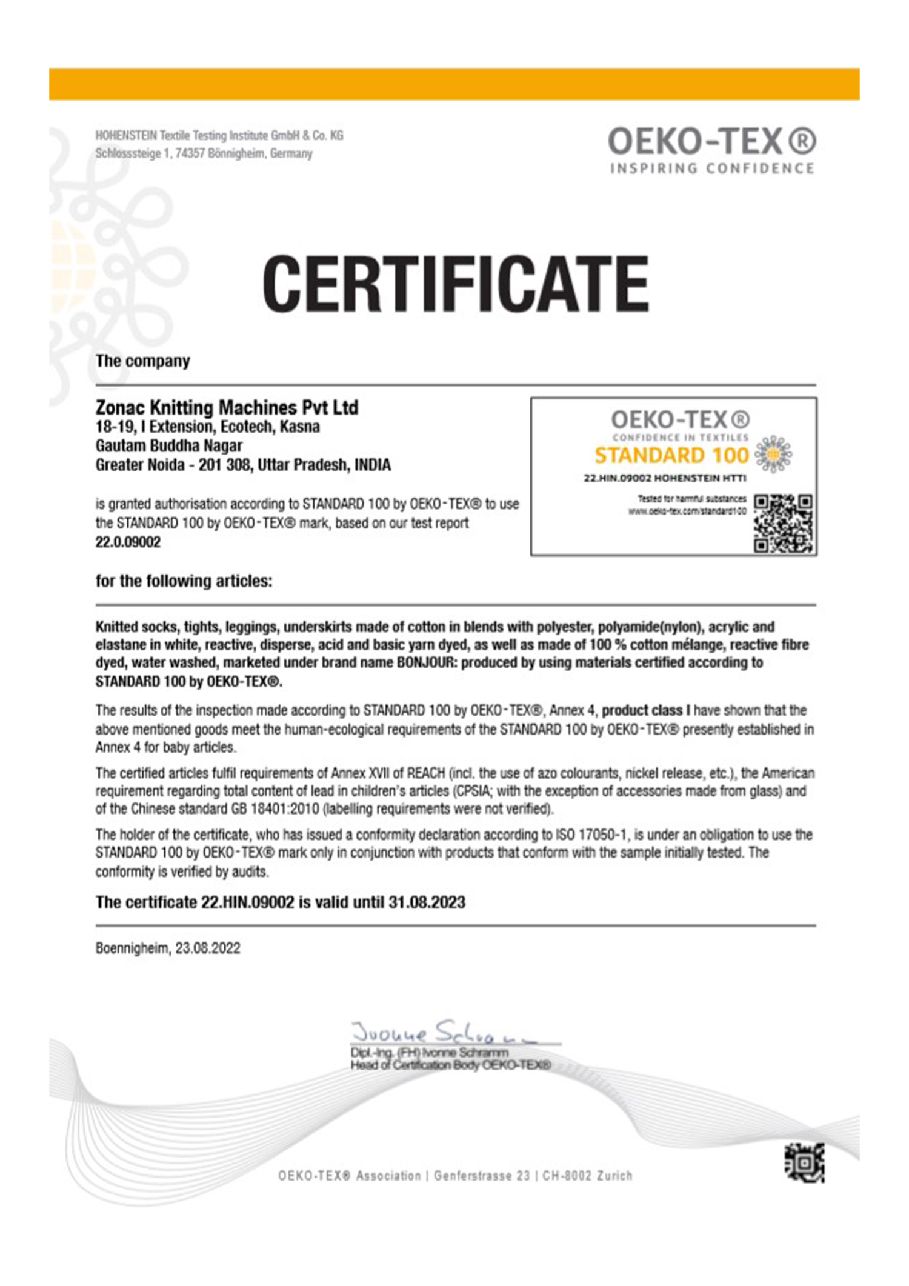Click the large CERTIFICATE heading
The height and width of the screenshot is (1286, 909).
[x=455, y=283]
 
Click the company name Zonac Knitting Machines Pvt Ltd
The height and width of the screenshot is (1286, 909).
[x=227, y=407]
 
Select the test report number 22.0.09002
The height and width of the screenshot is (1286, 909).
[x=128, y=542]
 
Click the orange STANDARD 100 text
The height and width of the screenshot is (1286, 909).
[x=671, y=455]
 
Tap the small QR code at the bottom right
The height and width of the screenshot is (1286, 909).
[x=805, y=1162]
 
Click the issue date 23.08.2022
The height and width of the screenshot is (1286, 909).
[x=208, y=948]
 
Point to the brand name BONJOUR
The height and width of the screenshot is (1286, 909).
[x=425, y=662]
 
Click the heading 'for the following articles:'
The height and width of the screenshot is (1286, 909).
[x=184, y=581]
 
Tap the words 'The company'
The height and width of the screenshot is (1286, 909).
[x=142, y=361]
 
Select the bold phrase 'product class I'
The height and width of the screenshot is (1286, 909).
[x=645, y=710]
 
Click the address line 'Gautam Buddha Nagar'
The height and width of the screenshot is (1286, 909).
[x=168, y=446]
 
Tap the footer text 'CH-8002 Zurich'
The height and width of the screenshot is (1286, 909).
[x=587, y=1176]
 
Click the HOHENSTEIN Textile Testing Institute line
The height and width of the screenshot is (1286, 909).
[x=219, y=135]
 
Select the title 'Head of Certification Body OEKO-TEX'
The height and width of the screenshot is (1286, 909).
[x=450, y=1065]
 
